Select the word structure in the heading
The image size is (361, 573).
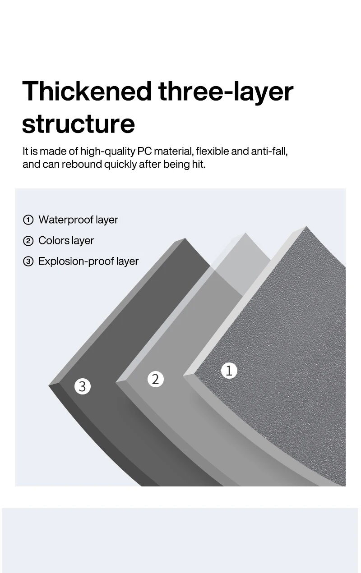point(79,124)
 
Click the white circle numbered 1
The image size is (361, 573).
point(229,371)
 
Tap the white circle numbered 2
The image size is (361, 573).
point(156,379)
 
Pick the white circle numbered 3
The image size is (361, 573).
point(82,386)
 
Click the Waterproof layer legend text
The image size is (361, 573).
point(78,220)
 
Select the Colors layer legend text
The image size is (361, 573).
point(66,241)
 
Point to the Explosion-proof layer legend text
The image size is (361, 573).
point(88,261)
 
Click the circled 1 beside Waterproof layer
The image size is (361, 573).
point(28,220)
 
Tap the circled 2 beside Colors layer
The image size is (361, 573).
point(28,241)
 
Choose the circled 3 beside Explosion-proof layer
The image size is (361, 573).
point(28,261)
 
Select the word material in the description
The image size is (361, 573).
point(174,151)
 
